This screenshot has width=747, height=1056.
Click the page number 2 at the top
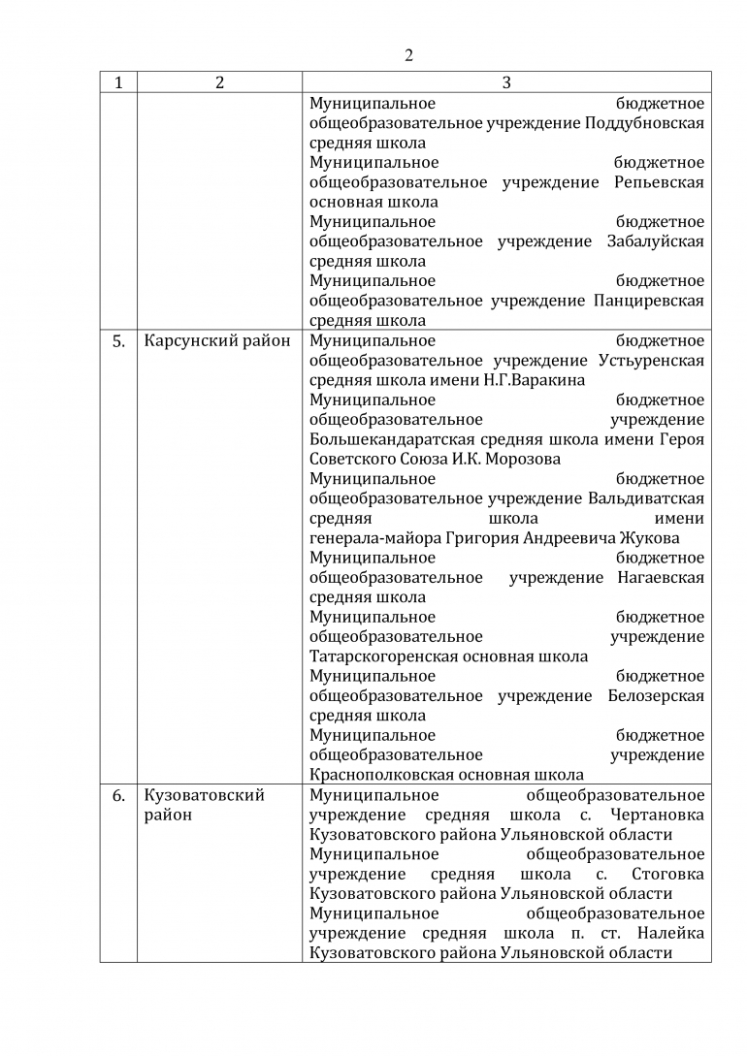point(408,55)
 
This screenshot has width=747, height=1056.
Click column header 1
point(118,83)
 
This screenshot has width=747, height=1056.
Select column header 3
point(505,83)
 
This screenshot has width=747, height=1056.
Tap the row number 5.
point(118,340)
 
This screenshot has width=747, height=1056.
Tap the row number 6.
point(118,796)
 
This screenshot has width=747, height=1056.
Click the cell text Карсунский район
point(216,340)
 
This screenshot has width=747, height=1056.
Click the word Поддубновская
point(646,123)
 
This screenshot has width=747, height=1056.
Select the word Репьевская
point(660,182)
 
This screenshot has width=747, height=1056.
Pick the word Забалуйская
point(656,241)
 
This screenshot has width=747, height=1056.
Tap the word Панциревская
point(649,301)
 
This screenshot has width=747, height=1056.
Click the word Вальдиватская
point(646,498)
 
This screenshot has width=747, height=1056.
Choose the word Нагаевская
point(661,578)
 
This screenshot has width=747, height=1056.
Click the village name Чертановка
point(659,816)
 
